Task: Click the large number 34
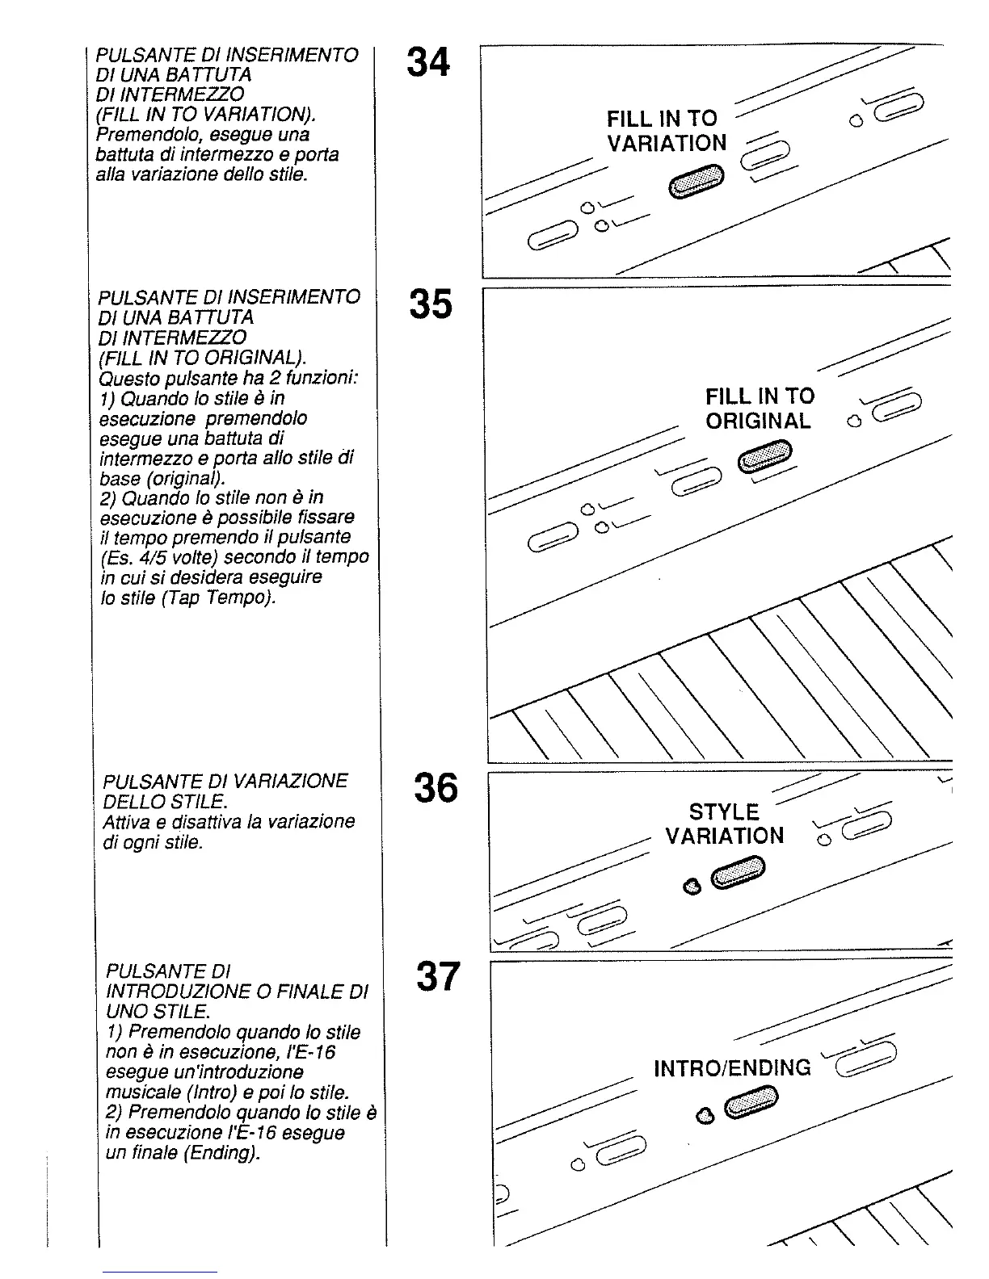(428, 62)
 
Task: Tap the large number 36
(436, 787)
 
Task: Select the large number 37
(438, 976)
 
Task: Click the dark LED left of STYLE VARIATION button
(691, 887)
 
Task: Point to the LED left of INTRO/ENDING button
(705, 1116)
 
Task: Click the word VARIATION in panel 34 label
(667, 144)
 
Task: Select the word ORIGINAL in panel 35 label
(758, 421)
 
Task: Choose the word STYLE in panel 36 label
(724, 811)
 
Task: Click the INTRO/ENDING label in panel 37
(732, 1068)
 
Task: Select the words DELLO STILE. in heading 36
(164, 801)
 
